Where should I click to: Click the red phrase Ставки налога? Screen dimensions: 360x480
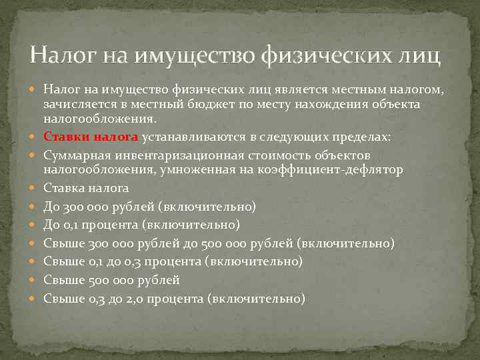tap(91, 137)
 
